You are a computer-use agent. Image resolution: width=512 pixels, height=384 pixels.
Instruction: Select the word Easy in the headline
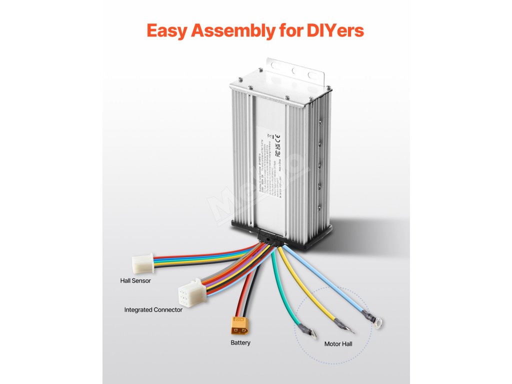pyautogui.click(x=167, y=31)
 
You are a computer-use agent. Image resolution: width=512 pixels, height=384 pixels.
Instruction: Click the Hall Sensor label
pyautogui.click(x=135, y=280)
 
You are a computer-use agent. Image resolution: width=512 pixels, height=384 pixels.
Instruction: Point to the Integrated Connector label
pyautogui.click(x=153, y=310)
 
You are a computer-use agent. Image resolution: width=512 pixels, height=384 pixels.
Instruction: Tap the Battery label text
pyautogui.click(x=240, y=343)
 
